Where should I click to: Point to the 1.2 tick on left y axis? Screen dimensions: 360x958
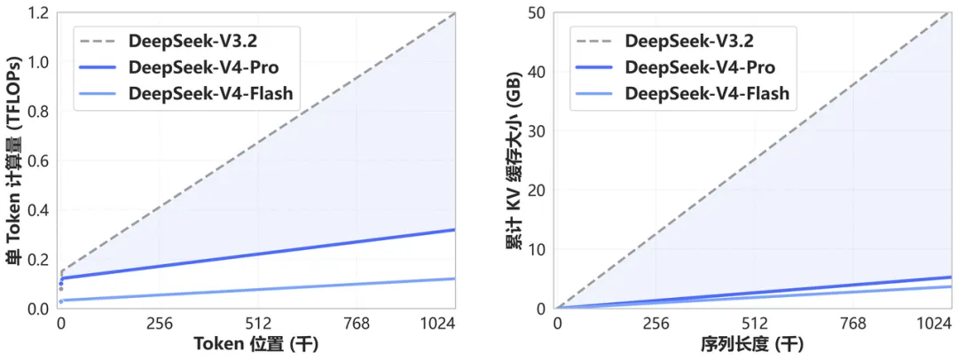[x=36, y=13]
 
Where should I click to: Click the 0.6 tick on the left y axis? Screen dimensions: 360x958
[x=36, y=160]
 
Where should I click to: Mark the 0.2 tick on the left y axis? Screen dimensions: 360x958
[x=36, y=259]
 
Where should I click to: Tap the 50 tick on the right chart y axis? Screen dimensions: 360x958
[x=536, y=13]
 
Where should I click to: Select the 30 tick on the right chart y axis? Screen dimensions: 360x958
[x=536, y=131]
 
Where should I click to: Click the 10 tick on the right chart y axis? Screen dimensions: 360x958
[x=536, y=249]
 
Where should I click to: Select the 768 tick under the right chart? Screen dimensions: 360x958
[x=852, y=324]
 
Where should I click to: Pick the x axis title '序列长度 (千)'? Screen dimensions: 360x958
[x=752, y=345]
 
